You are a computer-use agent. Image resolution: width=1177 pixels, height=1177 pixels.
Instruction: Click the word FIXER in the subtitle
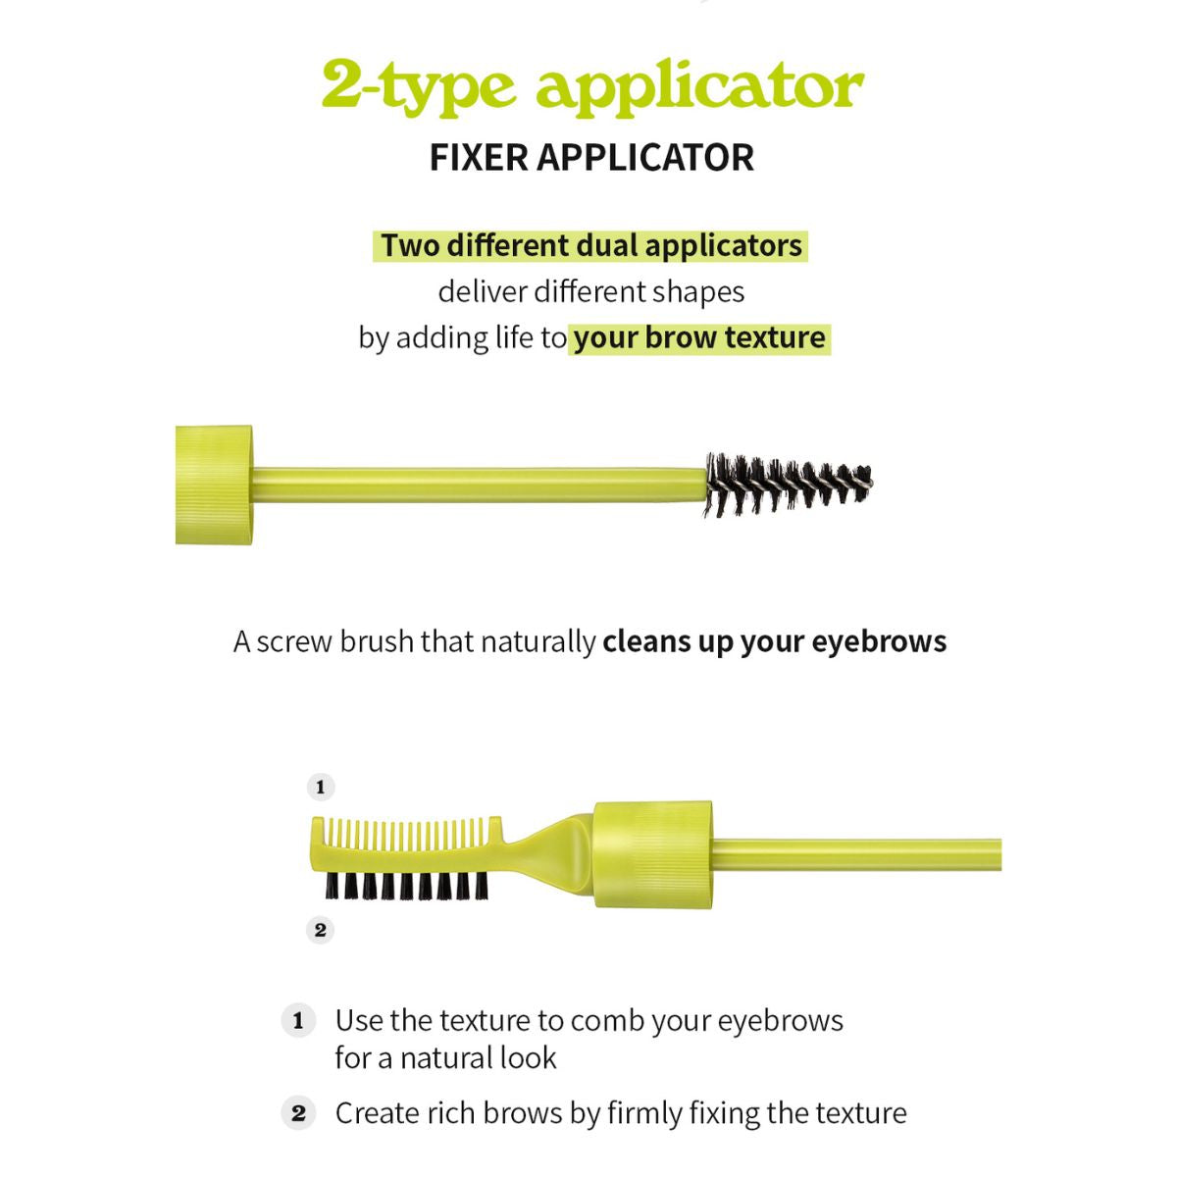479,158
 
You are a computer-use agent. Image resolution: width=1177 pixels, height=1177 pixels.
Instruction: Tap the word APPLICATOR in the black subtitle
645,158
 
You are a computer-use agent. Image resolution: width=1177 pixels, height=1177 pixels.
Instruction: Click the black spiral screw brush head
789,485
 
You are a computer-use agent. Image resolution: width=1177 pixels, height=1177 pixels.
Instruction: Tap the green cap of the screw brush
214,485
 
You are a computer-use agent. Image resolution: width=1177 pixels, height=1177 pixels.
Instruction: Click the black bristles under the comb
406,886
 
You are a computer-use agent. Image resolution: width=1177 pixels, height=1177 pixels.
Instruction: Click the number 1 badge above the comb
321,788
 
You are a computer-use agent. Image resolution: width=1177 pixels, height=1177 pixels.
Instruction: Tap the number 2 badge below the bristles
320,930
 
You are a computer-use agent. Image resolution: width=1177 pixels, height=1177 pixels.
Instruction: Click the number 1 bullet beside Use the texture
299,1021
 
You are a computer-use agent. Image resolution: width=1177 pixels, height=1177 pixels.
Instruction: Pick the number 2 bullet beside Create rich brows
299,1113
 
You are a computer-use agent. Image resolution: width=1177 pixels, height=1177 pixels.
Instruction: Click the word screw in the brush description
293,642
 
